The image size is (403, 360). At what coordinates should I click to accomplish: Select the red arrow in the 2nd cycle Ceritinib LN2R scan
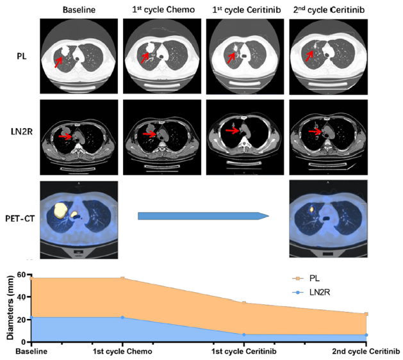point(313,131)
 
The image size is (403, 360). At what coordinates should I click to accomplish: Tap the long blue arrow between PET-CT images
point(202,217)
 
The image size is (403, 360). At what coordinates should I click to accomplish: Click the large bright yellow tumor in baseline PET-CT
point(62,210)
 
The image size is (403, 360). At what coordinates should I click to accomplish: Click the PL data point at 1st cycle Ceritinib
point(244,302)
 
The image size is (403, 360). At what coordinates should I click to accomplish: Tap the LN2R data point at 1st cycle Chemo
point(122,317)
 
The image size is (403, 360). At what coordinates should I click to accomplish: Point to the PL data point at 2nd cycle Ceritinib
point(366,314)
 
